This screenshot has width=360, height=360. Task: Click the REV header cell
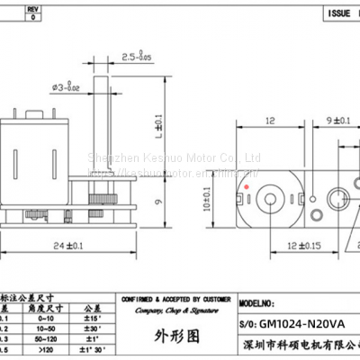point(33,7)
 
